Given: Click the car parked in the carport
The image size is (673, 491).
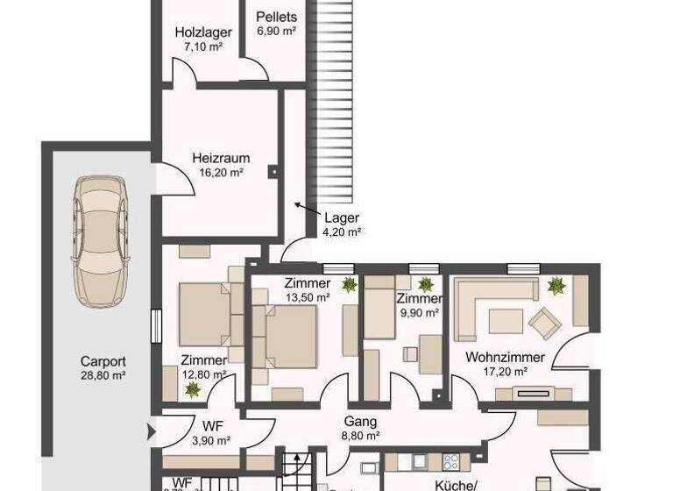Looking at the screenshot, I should pyautogui.click(x=101, y=239).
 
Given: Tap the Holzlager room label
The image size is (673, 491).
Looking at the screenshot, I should pyautogui.click(x=202, y=32).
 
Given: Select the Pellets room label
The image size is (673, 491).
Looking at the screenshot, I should pyautogui.click(x=277, y=17).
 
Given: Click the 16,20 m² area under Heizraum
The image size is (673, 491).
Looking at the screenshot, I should pyautogui.click(x=221, y=173).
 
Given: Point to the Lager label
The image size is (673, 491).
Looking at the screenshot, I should pyautogui.click(x=342, y=218).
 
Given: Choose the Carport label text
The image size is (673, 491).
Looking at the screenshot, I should pyautogui.click(x=103, y=360).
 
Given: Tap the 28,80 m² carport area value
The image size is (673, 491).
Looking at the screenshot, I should pyautogui.click(x=103, y=374).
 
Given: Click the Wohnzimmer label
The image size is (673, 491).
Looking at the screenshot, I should pyautogui.click(x=505, y=358).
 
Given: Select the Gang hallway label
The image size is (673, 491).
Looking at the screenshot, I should pyautogui.click(x=360, y=421).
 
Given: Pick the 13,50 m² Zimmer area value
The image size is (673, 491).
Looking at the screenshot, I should pyautogui.click(x=308, y=297).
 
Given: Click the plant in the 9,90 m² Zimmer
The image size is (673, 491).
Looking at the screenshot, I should pyautogui.click(x=426, y=284).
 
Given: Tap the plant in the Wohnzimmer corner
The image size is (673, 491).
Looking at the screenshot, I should pyautogui.click(x=555, y=284).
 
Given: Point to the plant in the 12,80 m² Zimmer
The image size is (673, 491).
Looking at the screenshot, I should pyautogui.click(x=193, y=388).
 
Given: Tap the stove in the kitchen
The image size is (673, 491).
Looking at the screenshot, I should pyautogui.click(x=451, y=461).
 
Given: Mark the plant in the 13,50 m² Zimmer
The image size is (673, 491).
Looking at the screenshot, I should pyautogui.click(x=349, y=284).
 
